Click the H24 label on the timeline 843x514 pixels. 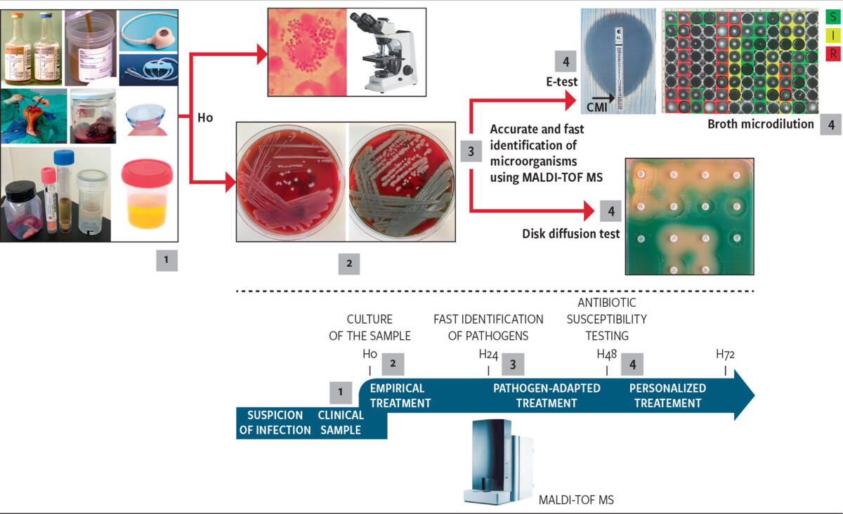click(x=488, y=355)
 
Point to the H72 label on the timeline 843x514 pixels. click(x=725, y=354)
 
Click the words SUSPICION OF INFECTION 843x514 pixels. click(x=275, y=423)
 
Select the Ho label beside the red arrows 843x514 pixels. click(x=205, y=118)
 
